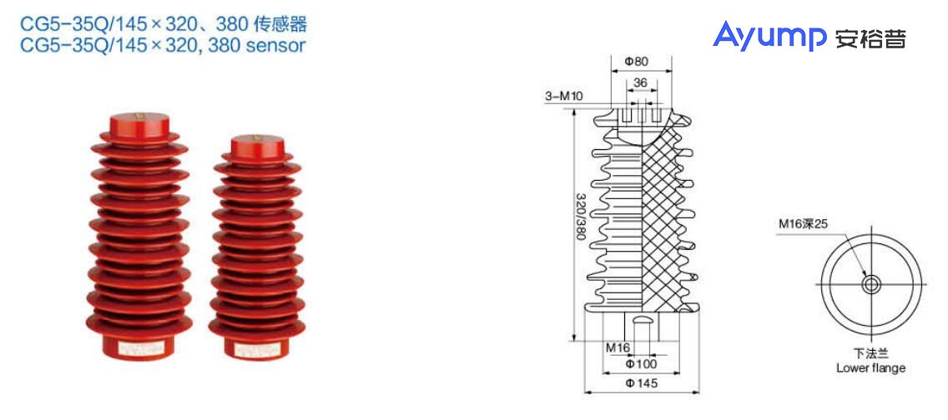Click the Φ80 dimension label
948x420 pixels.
[x=636, y=62]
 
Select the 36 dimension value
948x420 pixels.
[x=640, y=82]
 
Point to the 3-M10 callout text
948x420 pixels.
[x=564, y=97]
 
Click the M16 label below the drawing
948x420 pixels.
[x=618, y=347]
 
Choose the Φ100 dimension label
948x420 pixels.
[x=641, y=364]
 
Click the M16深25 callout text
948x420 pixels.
[x=803, y=223]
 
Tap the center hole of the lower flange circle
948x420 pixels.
[x=871, y=284]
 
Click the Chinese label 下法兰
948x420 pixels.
[x=870, y=353]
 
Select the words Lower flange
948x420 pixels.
[x=870, y=367]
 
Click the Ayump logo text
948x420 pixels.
[x=768, y=35]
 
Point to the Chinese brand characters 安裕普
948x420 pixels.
[x=870, y=37]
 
